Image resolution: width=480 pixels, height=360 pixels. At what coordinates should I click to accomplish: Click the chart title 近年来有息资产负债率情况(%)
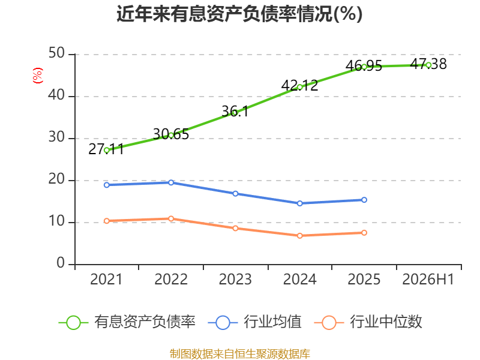(239, 14)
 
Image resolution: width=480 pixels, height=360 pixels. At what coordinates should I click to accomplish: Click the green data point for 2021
(107, 151)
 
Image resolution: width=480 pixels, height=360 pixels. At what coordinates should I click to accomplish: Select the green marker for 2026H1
(428, 65)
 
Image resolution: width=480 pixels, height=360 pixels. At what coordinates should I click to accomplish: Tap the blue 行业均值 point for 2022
(171, 182)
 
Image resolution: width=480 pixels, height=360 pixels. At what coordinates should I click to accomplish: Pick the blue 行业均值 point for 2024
(299, 203)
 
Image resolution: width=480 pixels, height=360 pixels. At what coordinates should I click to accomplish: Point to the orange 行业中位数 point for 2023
(235, 228)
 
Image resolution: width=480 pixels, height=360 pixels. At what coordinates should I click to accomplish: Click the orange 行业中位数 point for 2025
(364, 233)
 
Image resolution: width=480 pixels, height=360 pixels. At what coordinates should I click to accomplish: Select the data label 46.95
(364, 66)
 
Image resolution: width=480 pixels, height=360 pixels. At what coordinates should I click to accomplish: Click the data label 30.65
(171, 134)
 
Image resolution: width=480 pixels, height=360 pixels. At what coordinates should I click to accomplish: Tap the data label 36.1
(235, 111)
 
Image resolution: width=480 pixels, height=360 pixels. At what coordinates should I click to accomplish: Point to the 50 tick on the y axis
(56, 53)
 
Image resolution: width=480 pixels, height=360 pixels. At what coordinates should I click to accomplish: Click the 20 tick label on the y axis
(56, 179)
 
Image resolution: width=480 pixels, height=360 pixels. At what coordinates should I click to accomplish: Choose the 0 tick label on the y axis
(61, 263)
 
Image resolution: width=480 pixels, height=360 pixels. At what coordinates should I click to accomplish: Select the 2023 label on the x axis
(235, 279)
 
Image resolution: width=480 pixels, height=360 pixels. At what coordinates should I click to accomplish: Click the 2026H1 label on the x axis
(428, 279)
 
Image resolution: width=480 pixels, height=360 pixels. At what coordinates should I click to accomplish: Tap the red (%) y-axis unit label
(38, 76)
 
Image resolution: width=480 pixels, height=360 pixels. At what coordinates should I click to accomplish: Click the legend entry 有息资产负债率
(127, 322)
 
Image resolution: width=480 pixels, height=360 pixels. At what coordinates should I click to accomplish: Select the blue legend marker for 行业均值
(223, 323)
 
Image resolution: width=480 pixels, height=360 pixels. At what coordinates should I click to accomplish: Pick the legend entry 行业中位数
(368, 322)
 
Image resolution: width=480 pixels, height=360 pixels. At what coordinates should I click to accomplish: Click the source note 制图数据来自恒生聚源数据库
(240, 354)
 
